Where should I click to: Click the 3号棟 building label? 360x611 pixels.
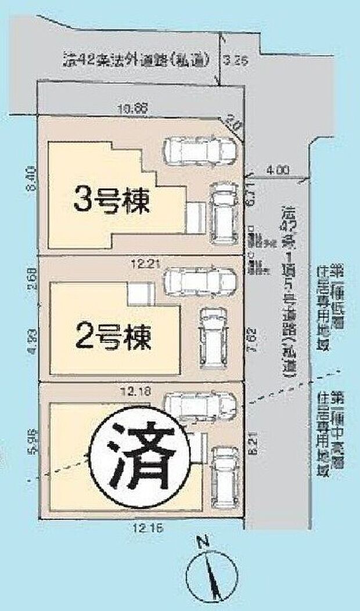pyautogui.click(x=111, y=201)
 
